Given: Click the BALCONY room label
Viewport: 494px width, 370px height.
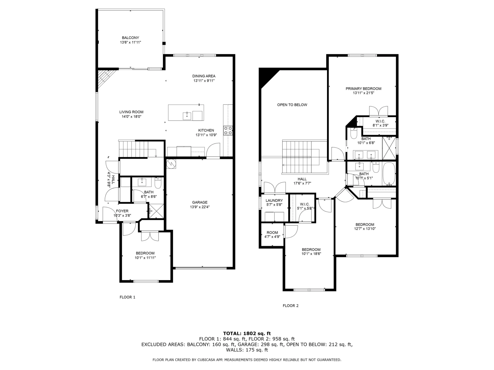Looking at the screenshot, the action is point(130,38).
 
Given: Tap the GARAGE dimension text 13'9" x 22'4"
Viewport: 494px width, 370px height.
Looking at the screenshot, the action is point(200,207).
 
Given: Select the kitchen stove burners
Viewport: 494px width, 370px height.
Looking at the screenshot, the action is point(228,131).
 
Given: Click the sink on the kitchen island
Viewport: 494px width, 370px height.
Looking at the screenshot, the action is point(187,116).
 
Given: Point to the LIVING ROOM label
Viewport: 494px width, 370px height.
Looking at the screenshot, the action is point(131,112).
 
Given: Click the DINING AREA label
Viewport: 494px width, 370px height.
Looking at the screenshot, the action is point(204,76).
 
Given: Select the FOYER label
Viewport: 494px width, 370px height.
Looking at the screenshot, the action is point(122,211).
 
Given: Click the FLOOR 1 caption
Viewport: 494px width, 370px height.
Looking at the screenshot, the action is point(127,297).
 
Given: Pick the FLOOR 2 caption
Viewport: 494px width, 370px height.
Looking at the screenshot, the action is point(290,306).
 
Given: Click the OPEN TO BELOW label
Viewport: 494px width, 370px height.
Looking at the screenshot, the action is point(292,105).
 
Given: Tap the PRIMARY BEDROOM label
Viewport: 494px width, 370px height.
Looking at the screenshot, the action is point(363,89).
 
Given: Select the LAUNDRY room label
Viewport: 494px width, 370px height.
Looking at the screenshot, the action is point(274,200).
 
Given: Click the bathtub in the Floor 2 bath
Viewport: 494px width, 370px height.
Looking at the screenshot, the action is point(389,174).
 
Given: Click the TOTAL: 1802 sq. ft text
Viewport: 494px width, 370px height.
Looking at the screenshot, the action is point(247,334).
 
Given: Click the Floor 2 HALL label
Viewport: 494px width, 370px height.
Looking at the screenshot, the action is point(302,179).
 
